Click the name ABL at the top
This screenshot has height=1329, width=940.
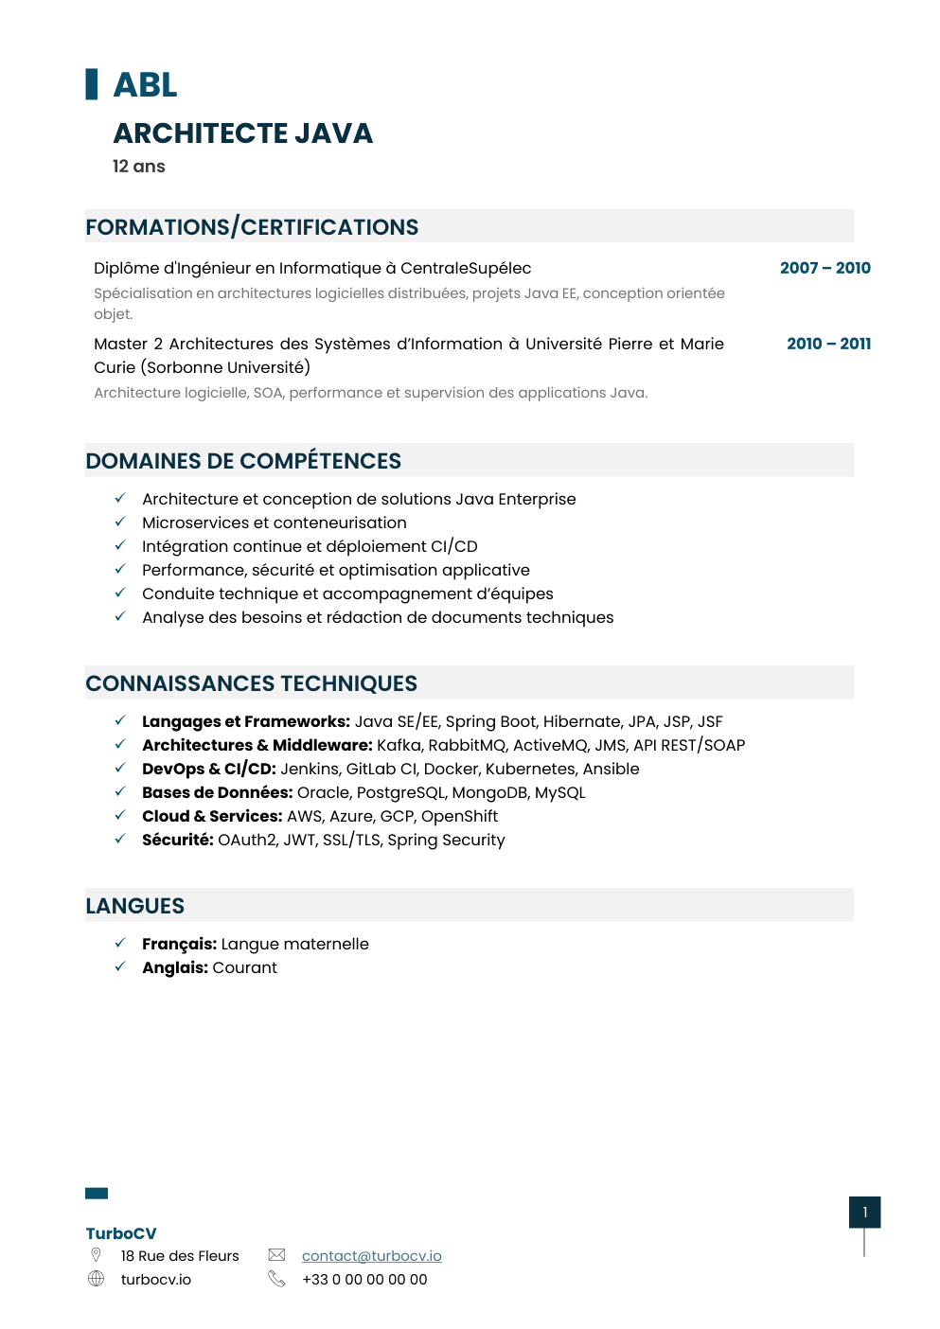[145, 85]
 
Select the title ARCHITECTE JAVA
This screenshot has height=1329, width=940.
[242, 133]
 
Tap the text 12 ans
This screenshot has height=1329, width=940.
[138, 167]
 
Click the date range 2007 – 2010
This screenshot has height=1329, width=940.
[825, 268]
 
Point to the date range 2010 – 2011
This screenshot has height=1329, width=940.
[828, 344]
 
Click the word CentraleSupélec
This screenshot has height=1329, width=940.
[466, 268]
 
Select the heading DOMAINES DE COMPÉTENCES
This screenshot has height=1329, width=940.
[243, 461]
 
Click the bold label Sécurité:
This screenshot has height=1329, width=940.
[178, 840]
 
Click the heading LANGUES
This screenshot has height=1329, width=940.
[135, 906]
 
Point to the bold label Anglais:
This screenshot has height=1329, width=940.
[175, 967]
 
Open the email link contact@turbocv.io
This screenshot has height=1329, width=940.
[371, 1255]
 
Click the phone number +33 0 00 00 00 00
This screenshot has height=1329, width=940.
[364, 1279]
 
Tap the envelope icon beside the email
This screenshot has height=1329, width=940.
[276, 1255]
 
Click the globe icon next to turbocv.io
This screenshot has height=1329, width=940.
[96, 1279]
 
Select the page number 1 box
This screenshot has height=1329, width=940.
[864, 1212]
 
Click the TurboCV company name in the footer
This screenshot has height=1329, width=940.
[121, 1233]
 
